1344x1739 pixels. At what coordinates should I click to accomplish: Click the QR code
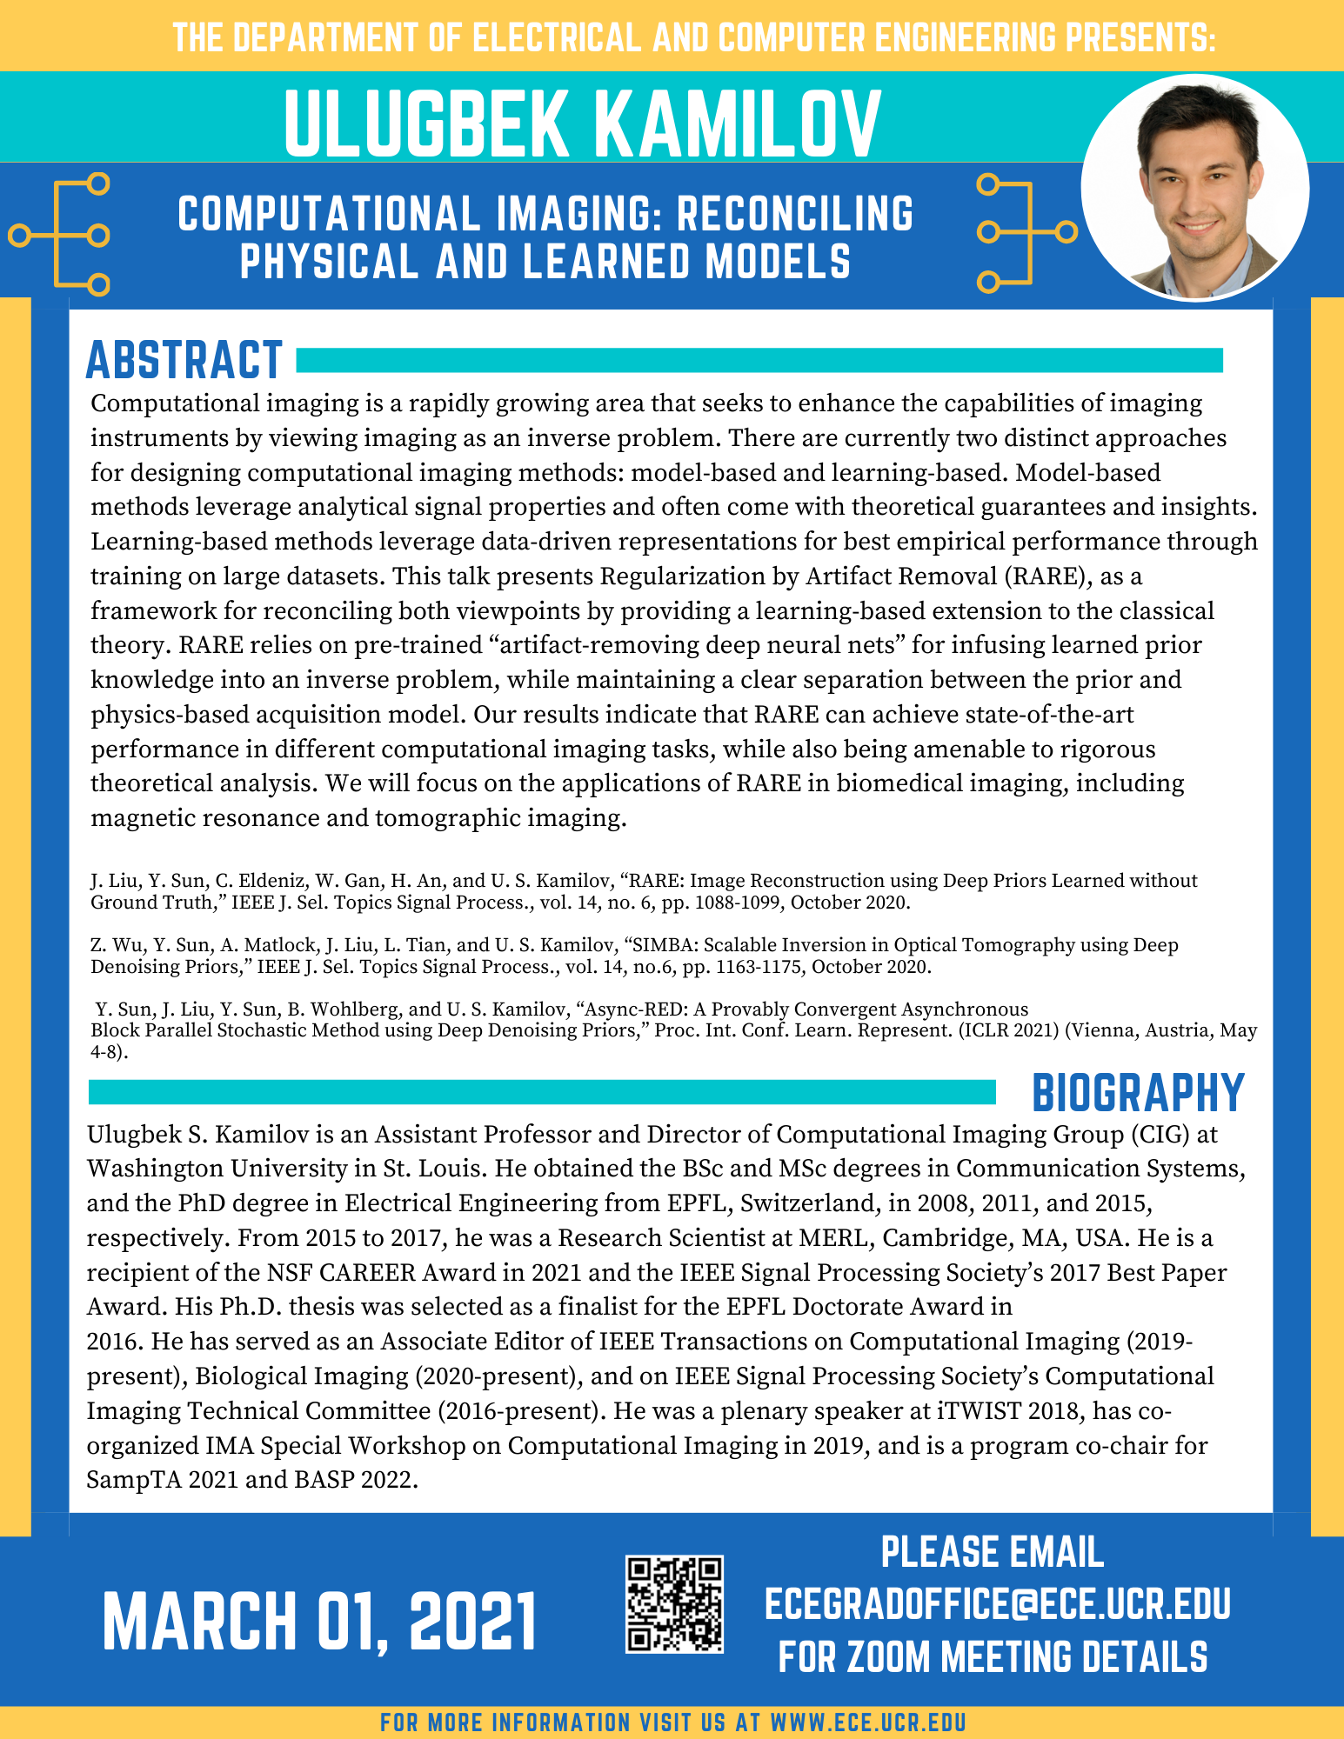tap(674, 1604)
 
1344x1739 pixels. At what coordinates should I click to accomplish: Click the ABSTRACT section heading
tap(184, 360)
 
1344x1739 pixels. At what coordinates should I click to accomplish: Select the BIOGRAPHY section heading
tap(1138, 1093)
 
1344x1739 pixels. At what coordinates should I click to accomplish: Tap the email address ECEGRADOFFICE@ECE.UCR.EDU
tap(997, 1604)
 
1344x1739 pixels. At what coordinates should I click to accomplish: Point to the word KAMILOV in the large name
tap(739, 124)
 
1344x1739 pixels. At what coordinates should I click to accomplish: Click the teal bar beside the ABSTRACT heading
tap(759, 360)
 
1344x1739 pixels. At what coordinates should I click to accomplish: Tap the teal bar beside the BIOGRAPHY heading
tap(542, 1092)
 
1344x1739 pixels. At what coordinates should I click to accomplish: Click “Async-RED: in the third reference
tap(635, 1009)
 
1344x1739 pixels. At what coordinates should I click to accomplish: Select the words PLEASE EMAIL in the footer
tap(993, 1553)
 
